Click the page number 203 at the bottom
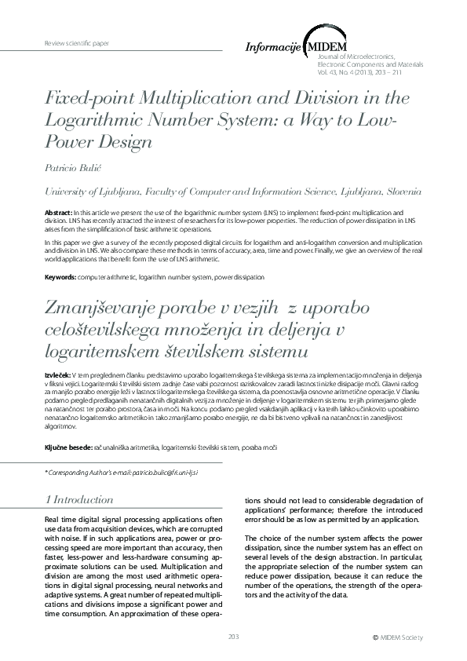pos(233,635)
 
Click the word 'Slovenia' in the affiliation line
pos(403,191)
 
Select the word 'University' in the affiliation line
pos(68,191)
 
